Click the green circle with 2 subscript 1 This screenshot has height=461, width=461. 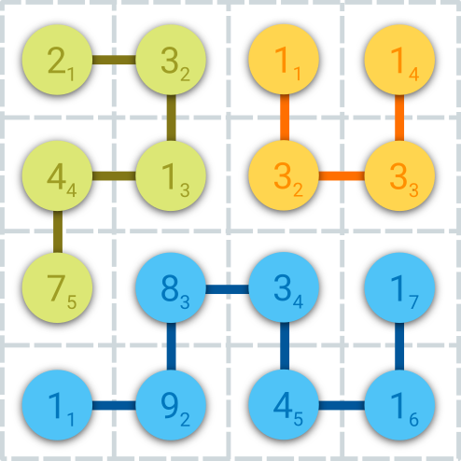[57, 60]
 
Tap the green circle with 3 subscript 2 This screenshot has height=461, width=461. [171, 60]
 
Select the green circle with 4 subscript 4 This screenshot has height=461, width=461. [57, 175]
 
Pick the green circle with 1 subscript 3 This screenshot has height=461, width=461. [171, 175]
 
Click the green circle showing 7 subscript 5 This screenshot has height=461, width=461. [57, 287]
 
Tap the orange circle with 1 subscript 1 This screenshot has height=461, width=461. [284, 60]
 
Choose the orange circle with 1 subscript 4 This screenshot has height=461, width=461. [399, 60]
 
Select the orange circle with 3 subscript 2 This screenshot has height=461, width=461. [284, 175]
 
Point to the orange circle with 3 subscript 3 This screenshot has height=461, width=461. [399, 175]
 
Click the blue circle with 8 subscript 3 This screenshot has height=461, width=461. [171, 287]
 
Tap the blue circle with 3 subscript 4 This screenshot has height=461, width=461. [284, 287]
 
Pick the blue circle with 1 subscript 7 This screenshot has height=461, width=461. [399, 287]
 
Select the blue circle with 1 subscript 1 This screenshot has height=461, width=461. [57, 405]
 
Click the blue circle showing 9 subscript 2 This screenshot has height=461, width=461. [171, 405]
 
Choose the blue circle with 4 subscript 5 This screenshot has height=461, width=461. [284, 405]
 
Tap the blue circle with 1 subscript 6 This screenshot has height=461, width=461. [399, 405]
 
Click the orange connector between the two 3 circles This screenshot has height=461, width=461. [342, 175]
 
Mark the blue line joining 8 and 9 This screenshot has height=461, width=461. [171, 346]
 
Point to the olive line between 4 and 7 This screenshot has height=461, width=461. [58, 231]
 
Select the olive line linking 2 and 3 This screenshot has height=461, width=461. [114, 60]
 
